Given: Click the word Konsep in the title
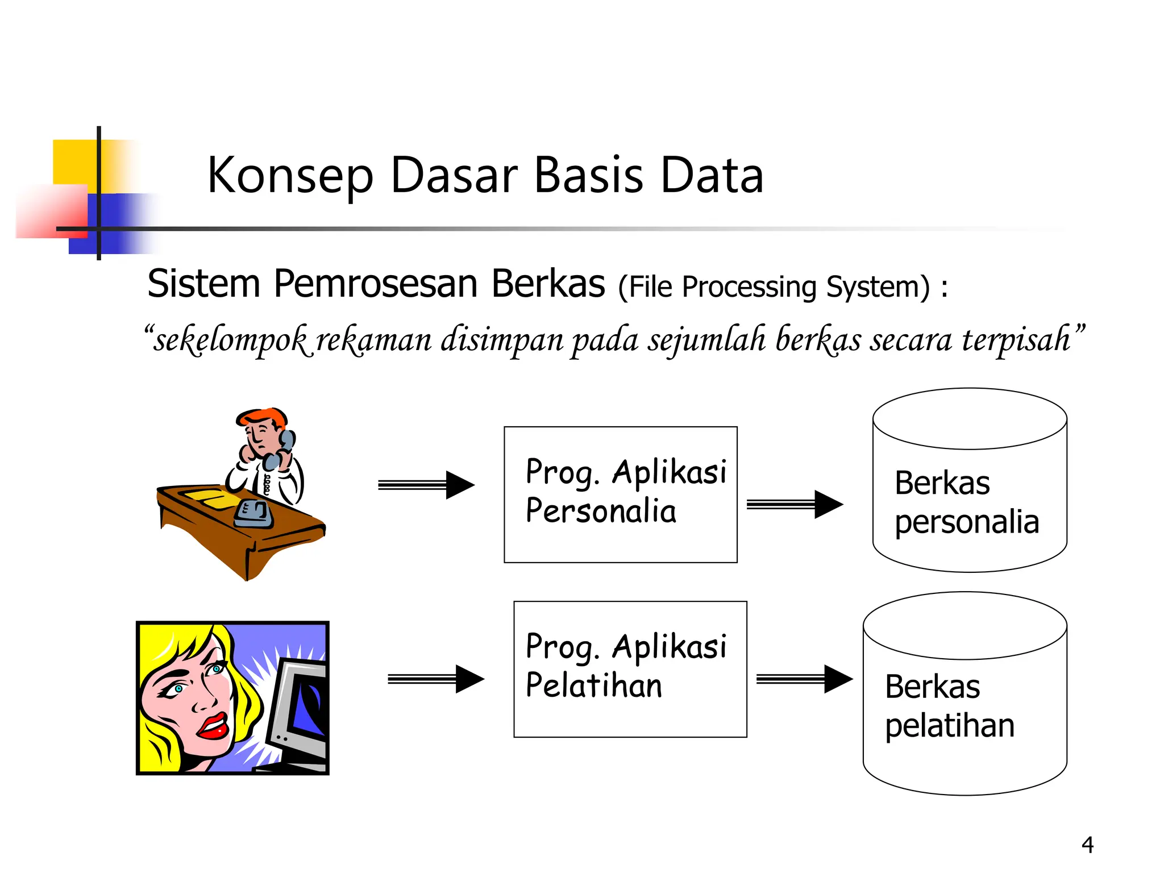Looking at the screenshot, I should click(290, 176).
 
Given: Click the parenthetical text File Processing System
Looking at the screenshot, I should click(774, 286).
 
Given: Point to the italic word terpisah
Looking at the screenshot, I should click(1017, 339).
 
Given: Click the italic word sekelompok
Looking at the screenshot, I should click(230, 340).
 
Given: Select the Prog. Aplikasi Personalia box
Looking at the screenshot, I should click(620, 494).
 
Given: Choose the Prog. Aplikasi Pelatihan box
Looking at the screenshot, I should click(630, 669).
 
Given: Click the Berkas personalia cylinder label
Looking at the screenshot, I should click(966, 502).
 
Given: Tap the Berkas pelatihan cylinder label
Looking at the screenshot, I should click(949, 706).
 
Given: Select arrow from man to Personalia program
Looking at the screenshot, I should click(426, 485).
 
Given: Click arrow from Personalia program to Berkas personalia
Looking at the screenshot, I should click(795, 504).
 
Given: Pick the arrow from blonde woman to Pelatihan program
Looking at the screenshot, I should click(436, 679).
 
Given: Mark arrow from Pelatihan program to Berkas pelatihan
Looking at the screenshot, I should click(804, 679).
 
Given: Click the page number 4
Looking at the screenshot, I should click(1087, 845).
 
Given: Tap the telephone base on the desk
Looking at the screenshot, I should click(253, 514).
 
